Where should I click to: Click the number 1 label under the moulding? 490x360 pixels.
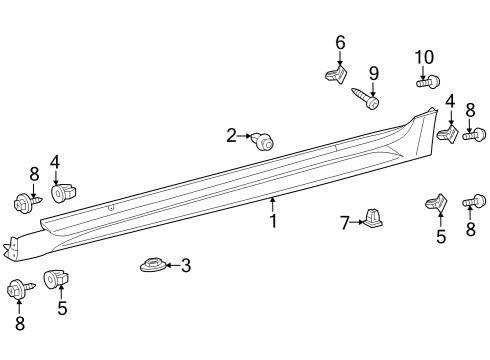[x=272, y=220]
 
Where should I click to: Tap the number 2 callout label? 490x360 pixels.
[x=231, y=135]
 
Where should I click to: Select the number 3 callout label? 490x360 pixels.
[x=185, y=266]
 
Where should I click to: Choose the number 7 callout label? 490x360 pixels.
[x=345, y=222]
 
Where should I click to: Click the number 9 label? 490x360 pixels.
[x=373, y=73]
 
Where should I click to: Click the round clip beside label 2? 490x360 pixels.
[x=265, y=141]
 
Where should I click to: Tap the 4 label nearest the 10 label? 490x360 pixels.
[x=450, y=101]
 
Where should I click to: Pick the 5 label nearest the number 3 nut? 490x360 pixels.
[x=62, y=309]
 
